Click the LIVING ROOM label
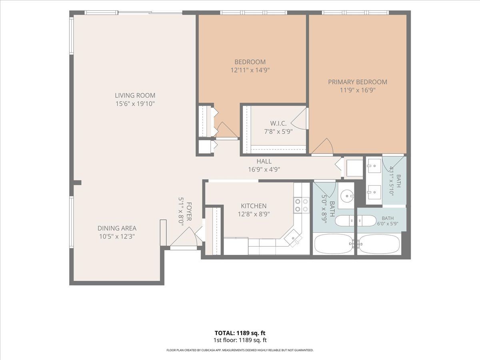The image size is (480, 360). (x=135, y=96)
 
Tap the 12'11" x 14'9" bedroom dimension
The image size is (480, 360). (x=250, y=70)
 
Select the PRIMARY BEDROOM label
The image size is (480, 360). (x=358, y=82)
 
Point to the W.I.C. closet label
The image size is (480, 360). (x=278, y=123)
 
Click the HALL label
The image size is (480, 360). (x=264, y=161)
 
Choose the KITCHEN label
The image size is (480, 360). (x=254, y=206)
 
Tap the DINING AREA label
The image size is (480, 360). (x=117, y=228)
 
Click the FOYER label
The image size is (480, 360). (x=189, y=211)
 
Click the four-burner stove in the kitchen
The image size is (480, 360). (x=302, y=205)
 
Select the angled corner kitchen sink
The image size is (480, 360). (x=293, y=238)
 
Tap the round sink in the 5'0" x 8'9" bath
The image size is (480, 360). (x=348, y=196)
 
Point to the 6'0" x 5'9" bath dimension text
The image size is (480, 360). (x=388, y=224)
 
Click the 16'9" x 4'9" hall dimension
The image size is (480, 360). (x=264, y=169)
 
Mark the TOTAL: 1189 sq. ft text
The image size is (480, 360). (x=240, y=333)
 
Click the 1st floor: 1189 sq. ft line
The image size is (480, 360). (x=240, y=340)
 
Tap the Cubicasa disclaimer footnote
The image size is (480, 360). (x=240, y=350)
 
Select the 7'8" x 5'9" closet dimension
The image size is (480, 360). (x=278, y=132)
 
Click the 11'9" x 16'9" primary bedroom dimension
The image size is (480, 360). (x=358, y=90)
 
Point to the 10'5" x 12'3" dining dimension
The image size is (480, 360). (x=117, y=236)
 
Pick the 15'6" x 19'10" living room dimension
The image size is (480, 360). (x=135, y=104)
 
